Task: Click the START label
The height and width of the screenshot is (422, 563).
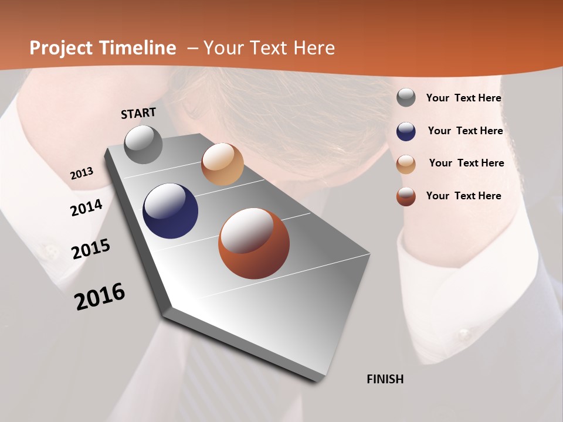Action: coord(138,113)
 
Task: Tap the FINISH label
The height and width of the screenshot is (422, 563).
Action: coord(385,379)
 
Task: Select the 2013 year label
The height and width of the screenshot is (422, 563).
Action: coord(82,173)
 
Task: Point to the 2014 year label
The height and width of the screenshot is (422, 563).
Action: coord(87,207)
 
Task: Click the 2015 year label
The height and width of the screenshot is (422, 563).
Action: coord(91,249)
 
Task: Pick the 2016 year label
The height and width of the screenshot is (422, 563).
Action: coord(100,296)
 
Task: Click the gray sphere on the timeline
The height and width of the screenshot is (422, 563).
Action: coord(143,144)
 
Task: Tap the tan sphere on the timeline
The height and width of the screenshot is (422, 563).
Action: coord(222,164)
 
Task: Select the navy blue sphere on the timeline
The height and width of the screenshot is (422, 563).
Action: coord(170,211)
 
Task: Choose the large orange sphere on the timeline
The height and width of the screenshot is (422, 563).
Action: coord(254,243)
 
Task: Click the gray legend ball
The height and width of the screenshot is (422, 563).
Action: coord(406,98)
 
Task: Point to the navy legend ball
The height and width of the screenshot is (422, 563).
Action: coord(406,131)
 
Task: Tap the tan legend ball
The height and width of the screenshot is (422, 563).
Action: coord(406,164)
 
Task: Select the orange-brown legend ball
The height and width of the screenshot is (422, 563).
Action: coord(406,196)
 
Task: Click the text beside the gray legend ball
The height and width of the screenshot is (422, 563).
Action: coord(463,98)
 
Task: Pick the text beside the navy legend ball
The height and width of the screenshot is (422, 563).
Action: coord(465,131)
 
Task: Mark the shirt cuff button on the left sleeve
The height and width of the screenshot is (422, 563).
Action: coord(47,250)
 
